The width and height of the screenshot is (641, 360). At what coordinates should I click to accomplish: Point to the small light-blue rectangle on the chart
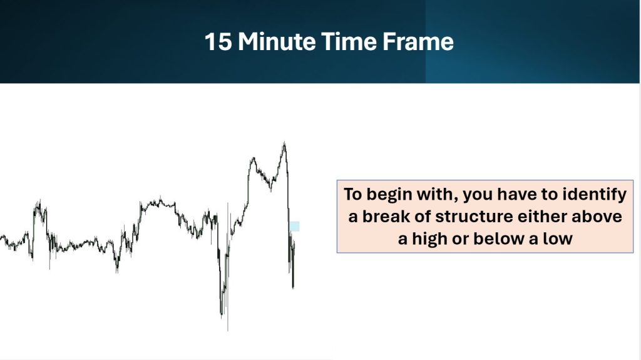click(294, 226)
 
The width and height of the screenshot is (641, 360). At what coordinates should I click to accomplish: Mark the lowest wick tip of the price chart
click(228, 330)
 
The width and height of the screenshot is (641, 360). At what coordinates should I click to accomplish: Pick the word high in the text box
click(429, 239)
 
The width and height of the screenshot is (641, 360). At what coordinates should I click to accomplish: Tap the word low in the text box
click(557, 239)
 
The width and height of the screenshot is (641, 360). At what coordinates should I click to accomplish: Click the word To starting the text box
click(353, 195)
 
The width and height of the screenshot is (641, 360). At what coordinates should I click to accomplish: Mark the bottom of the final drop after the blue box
click(293, 288)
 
